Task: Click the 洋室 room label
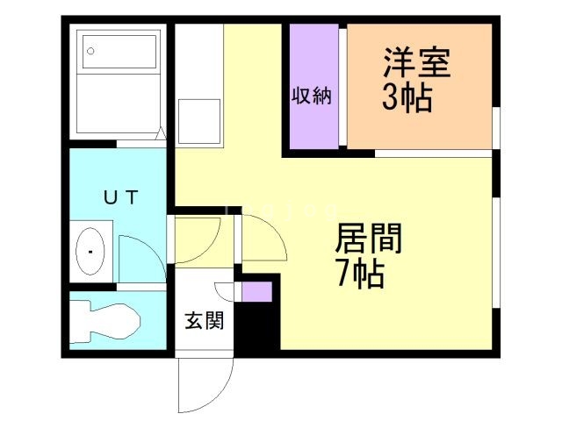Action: (x=416, y=65)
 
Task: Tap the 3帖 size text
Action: (x=407, y=98)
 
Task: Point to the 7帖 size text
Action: (x=359, y=275)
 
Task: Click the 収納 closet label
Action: (x=312, y=96)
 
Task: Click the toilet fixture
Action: (x=105, y=319)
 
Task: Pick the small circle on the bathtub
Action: (x=90, y=51)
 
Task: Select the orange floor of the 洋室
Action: (x=421, y=123)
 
